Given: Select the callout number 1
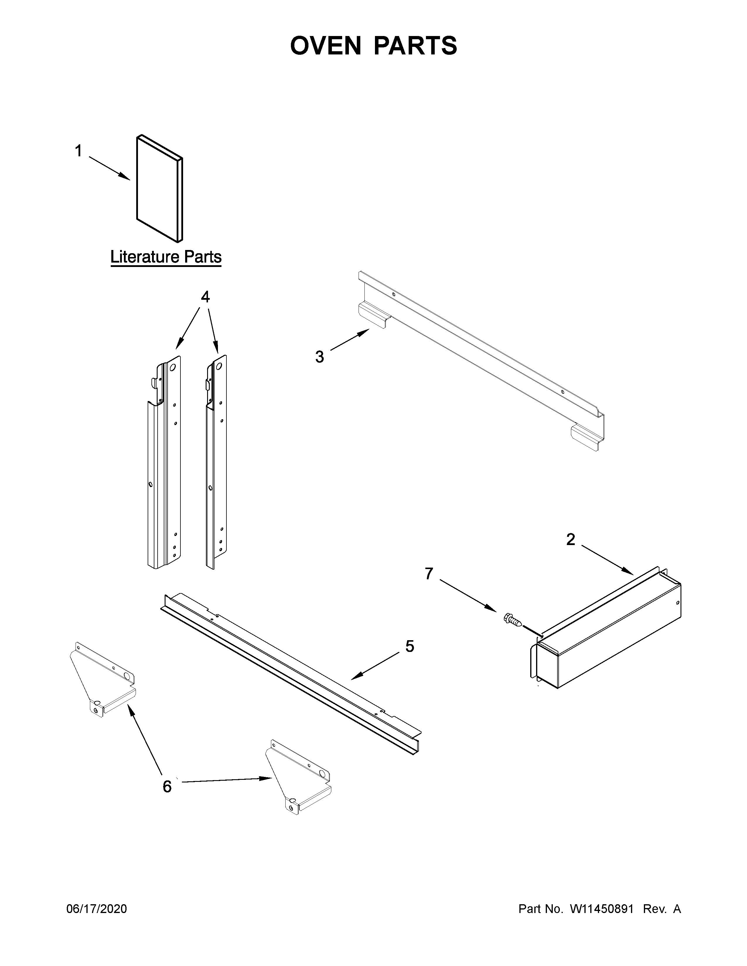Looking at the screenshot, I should point(78,152).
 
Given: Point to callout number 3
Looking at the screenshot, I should point(320,357).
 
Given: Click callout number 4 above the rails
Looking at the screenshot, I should point(205,297).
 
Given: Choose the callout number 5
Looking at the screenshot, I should point(410,646).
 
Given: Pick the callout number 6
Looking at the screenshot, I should point(167,787).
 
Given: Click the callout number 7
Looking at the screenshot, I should point(428,574).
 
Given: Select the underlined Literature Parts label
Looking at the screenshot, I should point(166,257).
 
